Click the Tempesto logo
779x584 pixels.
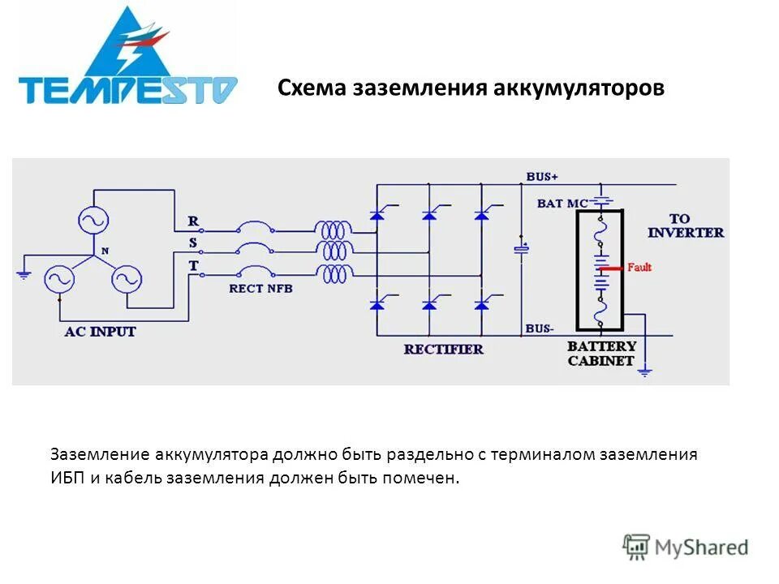(x=127, y=58)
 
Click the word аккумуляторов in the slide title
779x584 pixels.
(x=579, y=88)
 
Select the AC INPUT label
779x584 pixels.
(x=101, y=332)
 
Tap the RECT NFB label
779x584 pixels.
(x=260, y=287)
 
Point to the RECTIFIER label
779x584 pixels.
(x=443, y=350)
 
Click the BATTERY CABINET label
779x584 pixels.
(x=601, y=354)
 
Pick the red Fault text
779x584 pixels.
(x=639, y=267)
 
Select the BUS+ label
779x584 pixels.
(x=542, y=176)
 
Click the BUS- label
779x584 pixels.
(x=540, y=328)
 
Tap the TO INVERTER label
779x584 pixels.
(x=685, y=225)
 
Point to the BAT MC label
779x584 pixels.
(x=562, y=204)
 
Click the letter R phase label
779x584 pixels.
(x=192, y=221)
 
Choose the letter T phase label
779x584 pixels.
(x=192, y=265)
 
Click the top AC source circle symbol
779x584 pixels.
(x=93, y=220)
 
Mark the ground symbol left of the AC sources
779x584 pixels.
(x=24, y=274)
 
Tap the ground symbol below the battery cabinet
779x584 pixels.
(x=645, y=371)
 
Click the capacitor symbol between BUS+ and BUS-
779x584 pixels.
(x=521, y=247)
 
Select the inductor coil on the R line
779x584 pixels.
(x=334, y=230)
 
